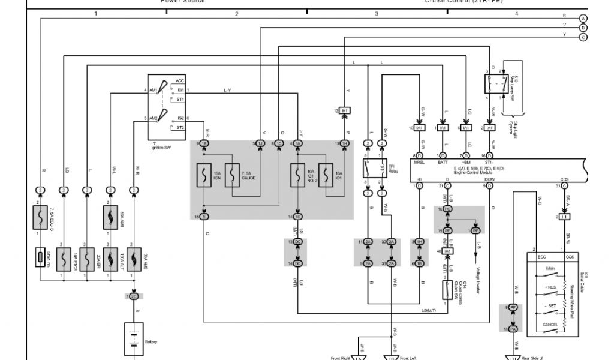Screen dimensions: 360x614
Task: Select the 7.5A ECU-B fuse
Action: tap(40, 217)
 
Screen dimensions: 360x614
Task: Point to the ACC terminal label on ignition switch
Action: tap(180, 80)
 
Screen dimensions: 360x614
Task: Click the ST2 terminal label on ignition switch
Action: tap(180, 128)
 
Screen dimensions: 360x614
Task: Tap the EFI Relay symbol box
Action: tap(368, 169)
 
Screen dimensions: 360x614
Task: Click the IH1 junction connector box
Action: tap(345, 111)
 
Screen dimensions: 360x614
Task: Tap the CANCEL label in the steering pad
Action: tap(550, 325)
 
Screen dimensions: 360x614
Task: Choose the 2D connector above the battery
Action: tap(133, 296)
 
